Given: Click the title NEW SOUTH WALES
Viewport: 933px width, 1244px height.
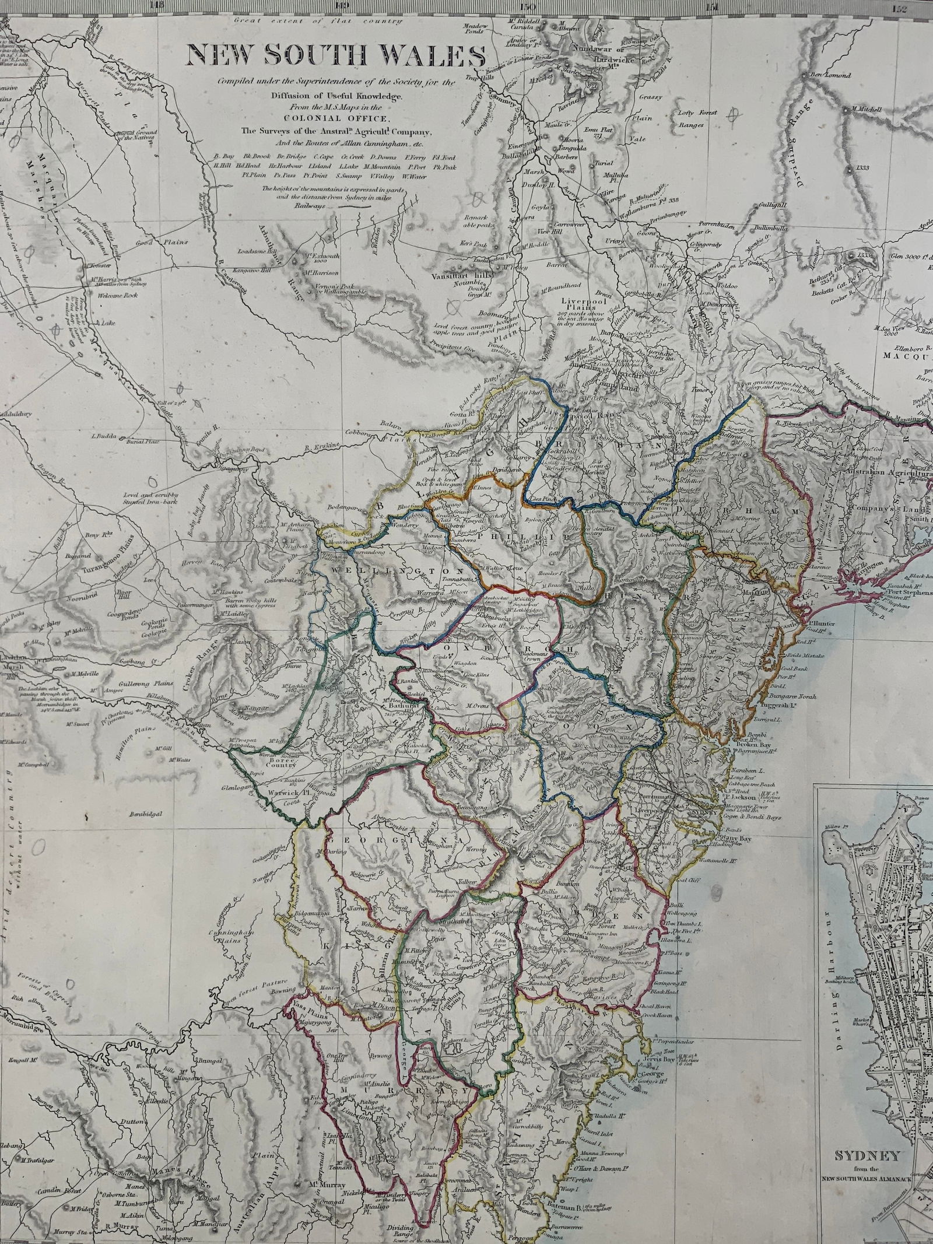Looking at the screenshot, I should pos(335,57).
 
